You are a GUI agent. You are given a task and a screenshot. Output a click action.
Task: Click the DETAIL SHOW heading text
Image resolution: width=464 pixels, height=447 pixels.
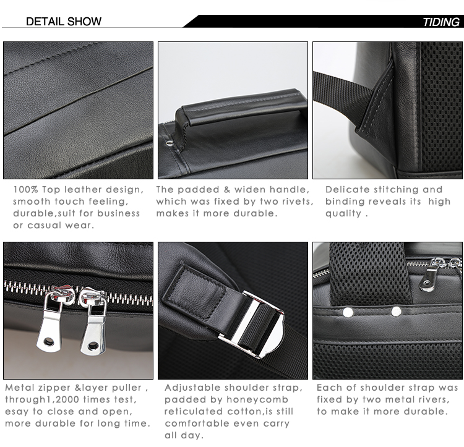pyautogui.click(x=64, y=22)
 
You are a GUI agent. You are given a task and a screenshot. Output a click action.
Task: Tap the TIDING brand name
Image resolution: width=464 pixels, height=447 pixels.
pyautogui.click(x=440, y=22)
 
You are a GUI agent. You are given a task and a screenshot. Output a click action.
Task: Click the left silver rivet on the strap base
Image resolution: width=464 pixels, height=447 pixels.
pyautogui.click(x=348, y=312)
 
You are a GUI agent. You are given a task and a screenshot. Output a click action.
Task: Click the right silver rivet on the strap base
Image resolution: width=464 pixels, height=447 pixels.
pyautogui.click(x=396, y=312)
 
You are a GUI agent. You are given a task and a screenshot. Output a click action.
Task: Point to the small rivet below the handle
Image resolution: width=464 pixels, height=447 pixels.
pyautogui.click(x=170, y=143)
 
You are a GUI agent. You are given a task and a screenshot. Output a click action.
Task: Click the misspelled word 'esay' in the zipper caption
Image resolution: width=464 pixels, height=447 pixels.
pyautogui.click(x=18, y=411)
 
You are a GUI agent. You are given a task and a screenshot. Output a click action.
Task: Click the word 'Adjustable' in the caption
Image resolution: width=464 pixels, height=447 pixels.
pyautogui.click(x=193, y=388)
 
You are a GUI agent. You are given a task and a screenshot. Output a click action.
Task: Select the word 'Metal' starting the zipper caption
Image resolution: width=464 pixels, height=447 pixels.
pyautogui.click(x=20, y=388)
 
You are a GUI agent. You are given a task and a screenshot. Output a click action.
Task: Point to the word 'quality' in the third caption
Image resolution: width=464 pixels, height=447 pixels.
pyautogui.click(x=343, y=213)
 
